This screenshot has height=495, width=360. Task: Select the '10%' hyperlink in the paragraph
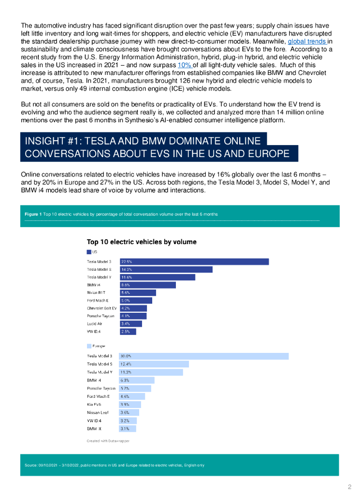(x=186, y=65)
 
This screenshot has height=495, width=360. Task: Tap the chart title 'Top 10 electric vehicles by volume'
(x=142, y=242)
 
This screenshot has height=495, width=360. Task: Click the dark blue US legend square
(x=89, y=252)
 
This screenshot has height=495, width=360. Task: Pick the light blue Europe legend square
(x=89, y=346)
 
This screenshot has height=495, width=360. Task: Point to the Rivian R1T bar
(x=138, y=292)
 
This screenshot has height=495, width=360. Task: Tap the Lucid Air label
(x=95, y=323)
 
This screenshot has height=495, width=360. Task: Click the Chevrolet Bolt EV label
(x=101, y=308)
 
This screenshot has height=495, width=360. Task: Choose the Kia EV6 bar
(x=130, y=404)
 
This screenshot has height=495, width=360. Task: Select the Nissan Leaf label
(x=98, y=412)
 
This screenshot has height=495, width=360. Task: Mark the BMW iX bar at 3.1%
(x=128, y=429)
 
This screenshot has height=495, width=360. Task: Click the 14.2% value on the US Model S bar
(x=127, y=269)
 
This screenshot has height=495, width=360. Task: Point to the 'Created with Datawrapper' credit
(x=108, y=441)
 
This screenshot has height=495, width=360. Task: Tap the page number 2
(x=349, y=486)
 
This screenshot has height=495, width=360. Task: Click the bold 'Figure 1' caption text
(x=33, y=214)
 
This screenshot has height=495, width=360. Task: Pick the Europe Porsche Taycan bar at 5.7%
(x=135, y=388)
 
